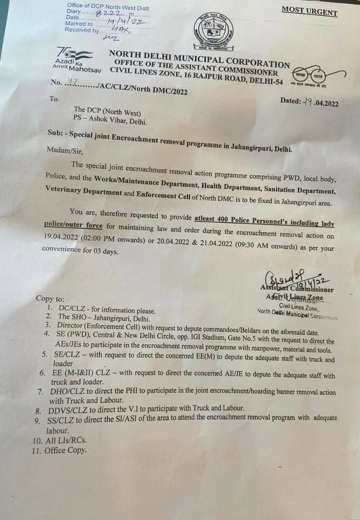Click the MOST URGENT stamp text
pyautogui.click(x=309, y=12)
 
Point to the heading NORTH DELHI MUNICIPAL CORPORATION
pyautogui.click(x=199, y=59)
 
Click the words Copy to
pyautogui.click(x=50, y=299)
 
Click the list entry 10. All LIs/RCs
pyautogui.click(x=60, y=440)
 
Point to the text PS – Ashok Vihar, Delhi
pyautogui.click(x=110, y=121)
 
